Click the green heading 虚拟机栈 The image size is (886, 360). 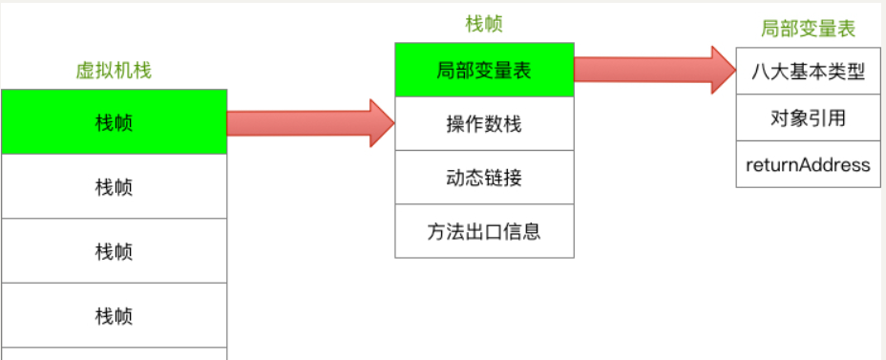[x=114, y=70]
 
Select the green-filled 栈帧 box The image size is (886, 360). [x=114, y=122]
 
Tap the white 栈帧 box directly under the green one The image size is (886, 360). [x=114, y=186]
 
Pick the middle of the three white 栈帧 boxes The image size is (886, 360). [x=114, y=251]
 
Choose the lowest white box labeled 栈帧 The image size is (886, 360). [x=114, y=315]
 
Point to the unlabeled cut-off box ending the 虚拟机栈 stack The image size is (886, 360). [x=114, y=354]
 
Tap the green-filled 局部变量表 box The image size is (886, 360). [x=484, y=70]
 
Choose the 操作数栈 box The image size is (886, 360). [x=484, y=124]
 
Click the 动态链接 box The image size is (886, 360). [x=484, y=178]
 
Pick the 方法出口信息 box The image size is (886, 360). [x=484, y=231]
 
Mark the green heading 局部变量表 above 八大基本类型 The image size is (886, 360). [x=809, y=29]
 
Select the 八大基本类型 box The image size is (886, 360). [x=808, y=72]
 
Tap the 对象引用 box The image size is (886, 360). [x=808, y=118]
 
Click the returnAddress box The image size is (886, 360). [x=808, y=165]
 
